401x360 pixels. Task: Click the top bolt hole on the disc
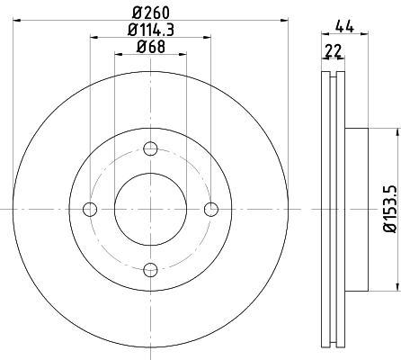click(x=150, y=148)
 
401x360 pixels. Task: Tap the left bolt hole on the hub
click(x=90, y=209)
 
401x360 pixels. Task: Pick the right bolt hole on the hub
click(x=210, y=209)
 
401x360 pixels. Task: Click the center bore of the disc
click(x=150, y=209)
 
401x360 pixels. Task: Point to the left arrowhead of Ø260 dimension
click(x=17, y=17)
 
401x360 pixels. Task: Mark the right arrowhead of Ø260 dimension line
click(x=283, y=17)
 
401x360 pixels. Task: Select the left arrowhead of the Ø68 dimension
click(x=118, y=55)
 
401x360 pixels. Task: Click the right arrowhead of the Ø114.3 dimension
click(x=208, y=37)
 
